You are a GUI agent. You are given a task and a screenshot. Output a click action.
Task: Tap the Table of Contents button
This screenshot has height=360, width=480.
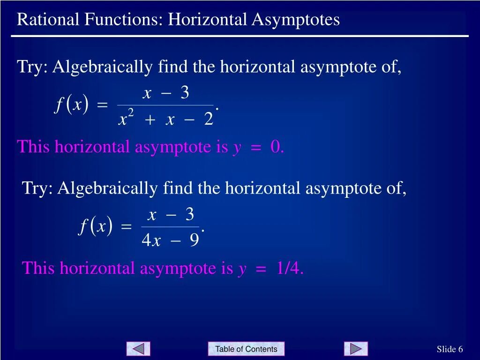pyautogui.click(x=246, y=349)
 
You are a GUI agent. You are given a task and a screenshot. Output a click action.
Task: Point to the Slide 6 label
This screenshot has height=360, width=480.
pyautogui.click(x=450, y=349)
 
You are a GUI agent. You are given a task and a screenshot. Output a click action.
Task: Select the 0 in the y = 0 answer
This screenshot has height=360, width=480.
pyautogui.click(x=275, y=147)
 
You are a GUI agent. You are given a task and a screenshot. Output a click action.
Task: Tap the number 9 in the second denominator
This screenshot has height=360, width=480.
pyautogui.click(x=194, y=240)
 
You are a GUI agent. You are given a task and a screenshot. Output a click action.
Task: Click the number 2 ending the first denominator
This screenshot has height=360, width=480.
pyautogui.click(x=209, y=119)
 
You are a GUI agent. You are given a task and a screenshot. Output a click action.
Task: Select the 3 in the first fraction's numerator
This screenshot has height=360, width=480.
pyautogui.click(x=185, y=93)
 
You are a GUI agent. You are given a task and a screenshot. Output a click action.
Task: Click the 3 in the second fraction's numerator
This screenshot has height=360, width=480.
pyautogui.click(x=189, y=215)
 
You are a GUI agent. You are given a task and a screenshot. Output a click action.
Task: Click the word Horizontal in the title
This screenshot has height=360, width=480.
pyautogui.click(x=208, y=20)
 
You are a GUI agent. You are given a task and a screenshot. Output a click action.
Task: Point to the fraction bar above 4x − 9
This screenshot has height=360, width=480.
pyautogui.click(x=171, y=227)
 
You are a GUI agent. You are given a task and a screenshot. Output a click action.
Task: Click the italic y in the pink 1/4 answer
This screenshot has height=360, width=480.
pyautogui.click(x=242, y=269)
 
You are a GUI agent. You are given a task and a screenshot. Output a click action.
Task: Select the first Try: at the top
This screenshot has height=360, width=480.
pyautogui.click(x=32, y=67)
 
